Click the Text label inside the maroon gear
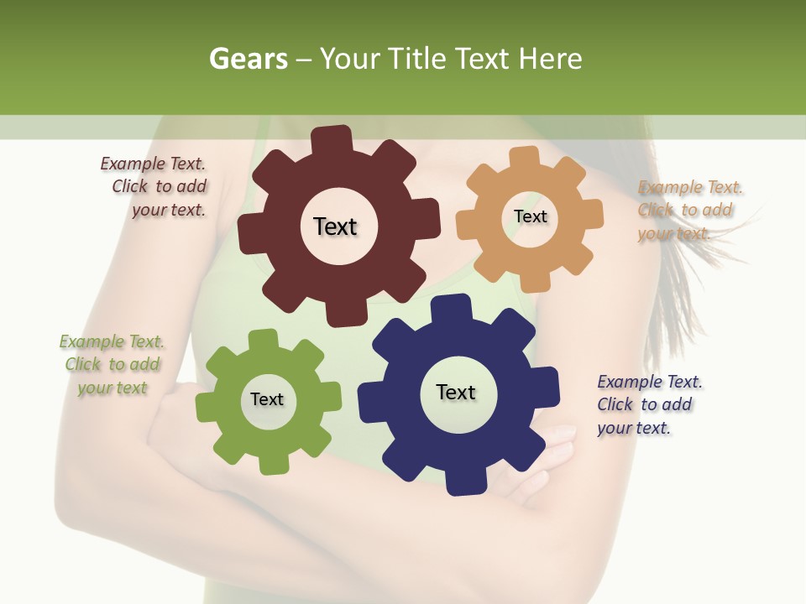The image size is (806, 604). click(335, 226)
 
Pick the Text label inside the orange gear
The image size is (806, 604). click(530, 216)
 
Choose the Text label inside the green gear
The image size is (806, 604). click(267, 399)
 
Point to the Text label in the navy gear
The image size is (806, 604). click(456, 392)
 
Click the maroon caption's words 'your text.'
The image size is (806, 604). click(169, 210)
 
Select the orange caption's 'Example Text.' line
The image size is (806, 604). click(690, 187)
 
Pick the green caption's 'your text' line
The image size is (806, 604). click(113, 388)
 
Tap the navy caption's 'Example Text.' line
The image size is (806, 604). click(650, 382)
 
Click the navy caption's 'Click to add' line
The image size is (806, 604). click(645, 404)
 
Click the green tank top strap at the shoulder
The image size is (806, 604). click(261, 134)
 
